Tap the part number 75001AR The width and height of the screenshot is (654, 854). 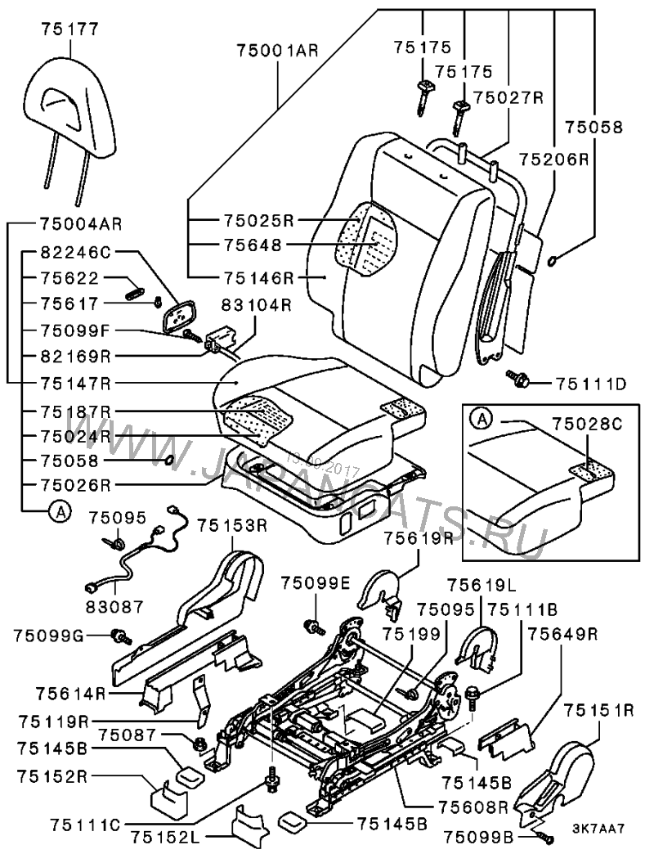(x=276, y=50)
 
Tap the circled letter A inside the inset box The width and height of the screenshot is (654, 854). (x=483, y=420)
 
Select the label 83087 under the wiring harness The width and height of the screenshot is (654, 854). (x=115, y=607)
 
